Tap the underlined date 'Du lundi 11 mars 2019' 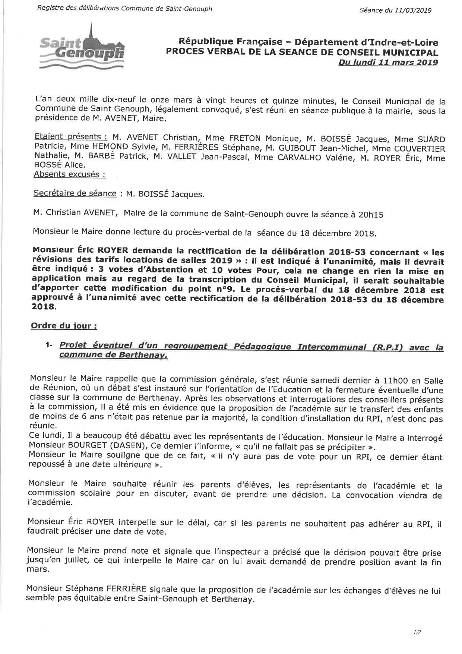coord(388,63)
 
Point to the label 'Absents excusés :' coord(70,174)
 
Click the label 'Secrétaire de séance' coord(75,193)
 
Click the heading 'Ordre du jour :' coord(64,326)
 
